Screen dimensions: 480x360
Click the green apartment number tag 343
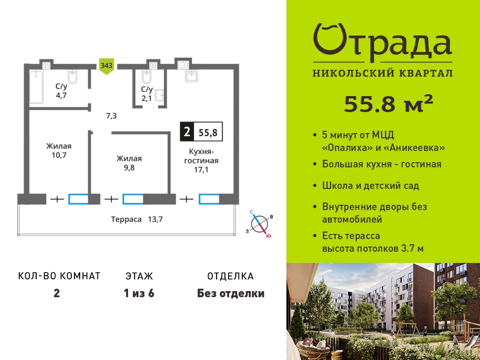(106, 66)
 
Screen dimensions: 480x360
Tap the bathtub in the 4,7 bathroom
(37, 87)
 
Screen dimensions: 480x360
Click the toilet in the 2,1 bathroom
(147, 77)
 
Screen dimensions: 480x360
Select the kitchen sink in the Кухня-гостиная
(191, 75)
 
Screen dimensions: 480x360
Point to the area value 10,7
(59, 155)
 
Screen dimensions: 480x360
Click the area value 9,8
(129, 168)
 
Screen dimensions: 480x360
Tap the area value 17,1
(201, 169)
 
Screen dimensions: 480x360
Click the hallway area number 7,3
(111, 116)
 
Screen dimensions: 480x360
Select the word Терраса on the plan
(126, 219)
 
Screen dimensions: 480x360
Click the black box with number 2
(187, 132)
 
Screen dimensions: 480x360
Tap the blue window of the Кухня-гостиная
(209, 199)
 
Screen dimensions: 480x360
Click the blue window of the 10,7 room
(78, 199)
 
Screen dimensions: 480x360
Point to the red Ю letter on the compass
(269, 236)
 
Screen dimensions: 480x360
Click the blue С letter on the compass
(251, 212)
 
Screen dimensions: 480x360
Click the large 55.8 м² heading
(389, 104)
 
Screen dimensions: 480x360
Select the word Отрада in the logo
(382, 42)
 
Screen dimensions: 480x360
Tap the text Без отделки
(231, 293)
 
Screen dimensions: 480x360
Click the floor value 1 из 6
(139, 293)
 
